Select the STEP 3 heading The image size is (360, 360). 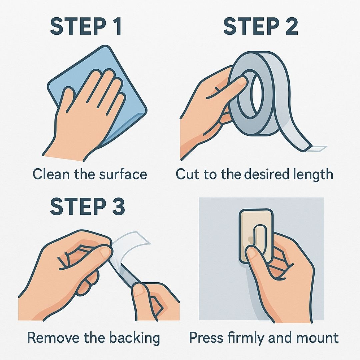click(87, 206)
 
